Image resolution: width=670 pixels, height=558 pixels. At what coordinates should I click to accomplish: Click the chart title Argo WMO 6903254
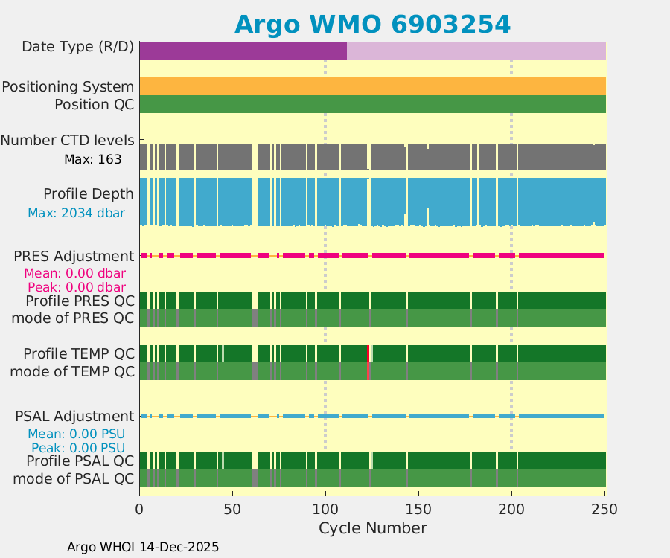click(372, 25)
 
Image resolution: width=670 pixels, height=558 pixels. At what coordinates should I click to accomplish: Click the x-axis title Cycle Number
click(372, 528)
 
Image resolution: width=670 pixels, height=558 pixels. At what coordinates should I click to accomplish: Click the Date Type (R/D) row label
click(77, 47)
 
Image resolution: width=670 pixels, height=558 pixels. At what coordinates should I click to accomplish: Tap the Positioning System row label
click(68, 87)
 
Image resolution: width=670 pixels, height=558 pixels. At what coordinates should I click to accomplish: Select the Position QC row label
click(94, 104)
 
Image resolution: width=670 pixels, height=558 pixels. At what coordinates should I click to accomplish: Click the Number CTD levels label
click(67, 140)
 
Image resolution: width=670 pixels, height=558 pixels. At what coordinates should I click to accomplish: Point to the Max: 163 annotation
click(93, 159)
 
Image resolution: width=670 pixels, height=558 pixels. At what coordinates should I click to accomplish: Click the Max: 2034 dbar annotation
click(76, 213)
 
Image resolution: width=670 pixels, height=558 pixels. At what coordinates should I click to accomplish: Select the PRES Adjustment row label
click(74, 256)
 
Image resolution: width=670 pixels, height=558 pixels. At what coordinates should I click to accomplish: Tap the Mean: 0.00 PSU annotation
click(76, 434)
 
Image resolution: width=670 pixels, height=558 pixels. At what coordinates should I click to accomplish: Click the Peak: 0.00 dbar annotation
click(76, 287)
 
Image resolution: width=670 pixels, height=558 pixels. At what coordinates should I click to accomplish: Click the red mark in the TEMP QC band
click(368, 362)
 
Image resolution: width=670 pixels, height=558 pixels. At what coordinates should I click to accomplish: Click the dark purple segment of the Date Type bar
click(243, 51)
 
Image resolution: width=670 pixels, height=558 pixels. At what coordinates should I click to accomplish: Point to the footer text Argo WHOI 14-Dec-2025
click(143, 547)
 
